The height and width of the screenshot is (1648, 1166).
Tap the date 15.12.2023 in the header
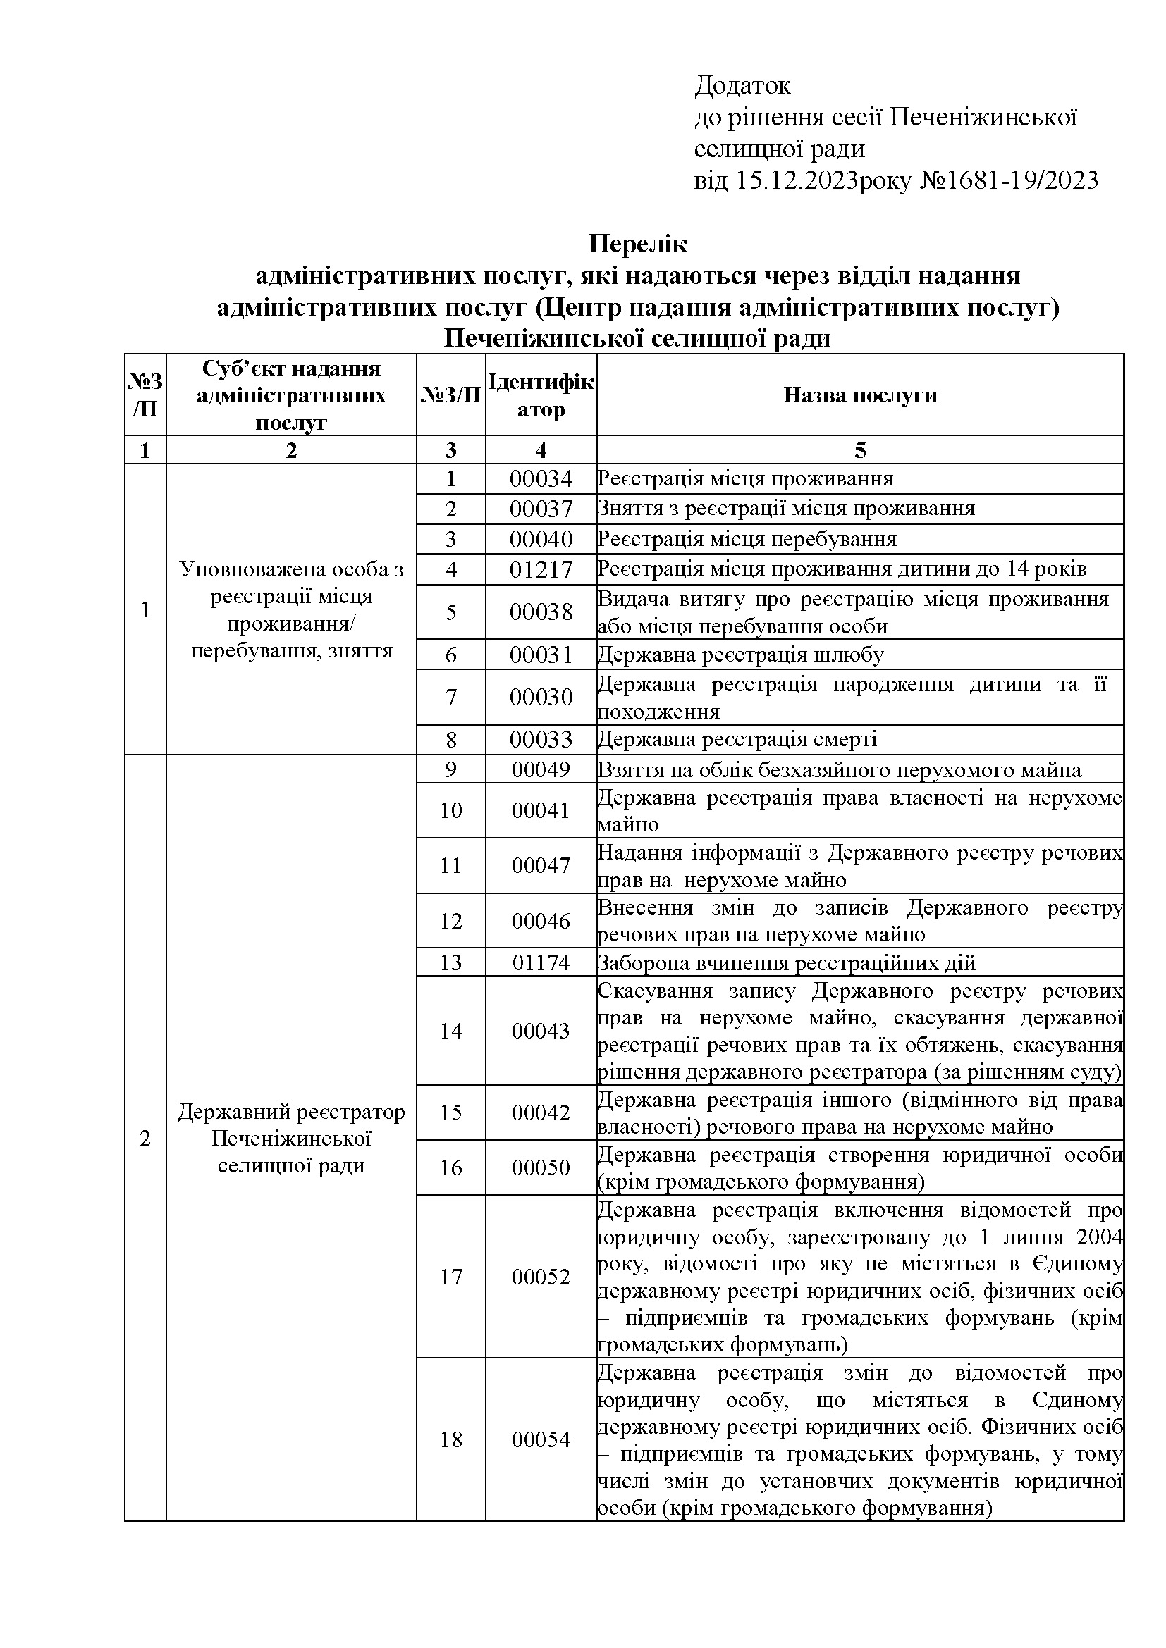(x=796, y=180)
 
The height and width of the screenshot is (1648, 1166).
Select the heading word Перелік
(x=637, y=244)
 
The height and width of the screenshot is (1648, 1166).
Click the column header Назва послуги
(x=859, y=395)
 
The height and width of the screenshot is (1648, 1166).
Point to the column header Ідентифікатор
(x=541, y=395)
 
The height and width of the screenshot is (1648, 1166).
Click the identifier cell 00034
(x=541, y=478)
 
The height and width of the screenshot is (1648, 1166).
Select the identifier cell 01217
(x=541, y=569)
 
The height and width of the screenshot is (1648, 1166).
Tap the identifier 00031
(x=541, y=655)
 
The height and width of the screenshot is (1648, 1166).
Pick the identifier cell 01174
(x=541, y=962)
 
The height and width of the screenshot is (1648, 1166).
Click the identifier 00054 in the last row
(x=541, y=1439)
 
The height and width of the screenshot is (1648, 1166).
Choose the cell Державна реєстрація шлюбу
(x=740, y=655)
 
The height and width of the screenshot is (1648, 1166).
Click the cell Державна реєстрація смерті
(x=737, y=739)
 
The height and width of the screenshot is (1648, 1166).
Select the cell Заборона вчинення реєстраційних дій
(x=786, y=962)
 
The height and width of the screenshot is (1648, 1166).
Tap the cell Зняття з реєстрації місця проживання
(x=786, y=508)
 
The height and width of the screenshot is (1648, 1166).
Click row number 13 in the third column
(x=451, y=962)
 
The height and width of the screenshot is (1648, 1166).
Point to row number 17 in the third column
(x=451, y=1277)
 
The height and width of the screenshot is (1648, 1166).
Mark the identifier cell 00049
(x=541, y=770)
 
